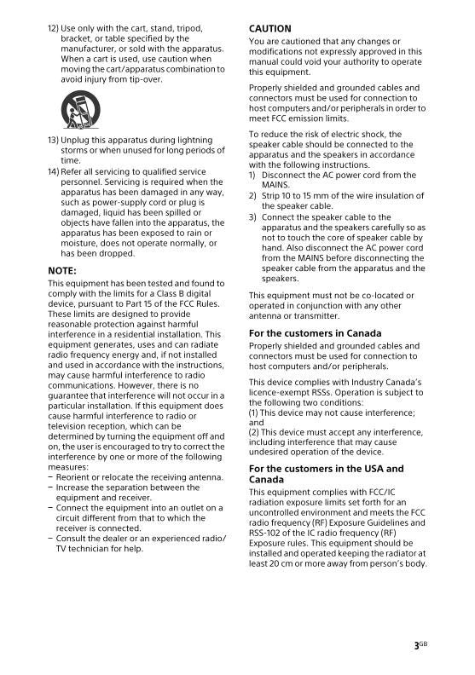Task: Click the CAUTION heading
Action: coord(269,29)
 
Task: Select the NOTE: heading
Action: coord(62,270)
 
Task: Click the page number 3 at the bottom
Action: coord(416,647)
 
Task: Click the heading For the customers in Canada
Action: coord(315,333)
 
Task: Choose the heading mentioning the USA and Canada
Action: coord(326,474)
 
